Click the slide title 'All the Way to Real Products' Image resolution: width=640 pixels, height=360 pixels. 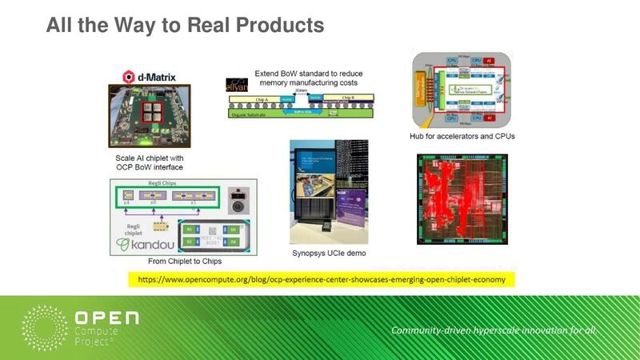point(185,25)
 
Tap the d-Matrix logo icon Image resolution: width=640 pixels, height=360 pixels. point(127,77)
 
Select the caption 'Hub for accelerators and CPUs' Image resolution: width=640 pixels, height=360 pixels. point(462,136)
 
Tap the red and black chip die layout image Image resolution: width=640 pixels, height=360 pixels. point(462,199)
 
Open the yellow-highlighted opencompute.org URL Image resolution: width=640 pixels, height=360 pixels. point(322,280)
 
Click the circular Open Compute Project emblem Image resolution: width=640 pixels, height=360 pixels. point(45,327)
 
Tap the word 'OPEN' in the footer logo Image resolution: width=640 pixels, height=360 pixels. point(106,318)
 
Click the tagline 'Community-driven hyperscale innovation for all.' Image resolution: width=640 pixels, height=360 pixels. point(494,330)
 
